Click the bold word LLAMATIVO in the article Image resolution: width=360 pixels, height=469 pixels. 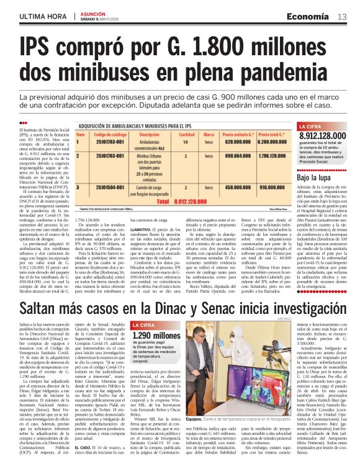pyautogui.click(x=148, y=230)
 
